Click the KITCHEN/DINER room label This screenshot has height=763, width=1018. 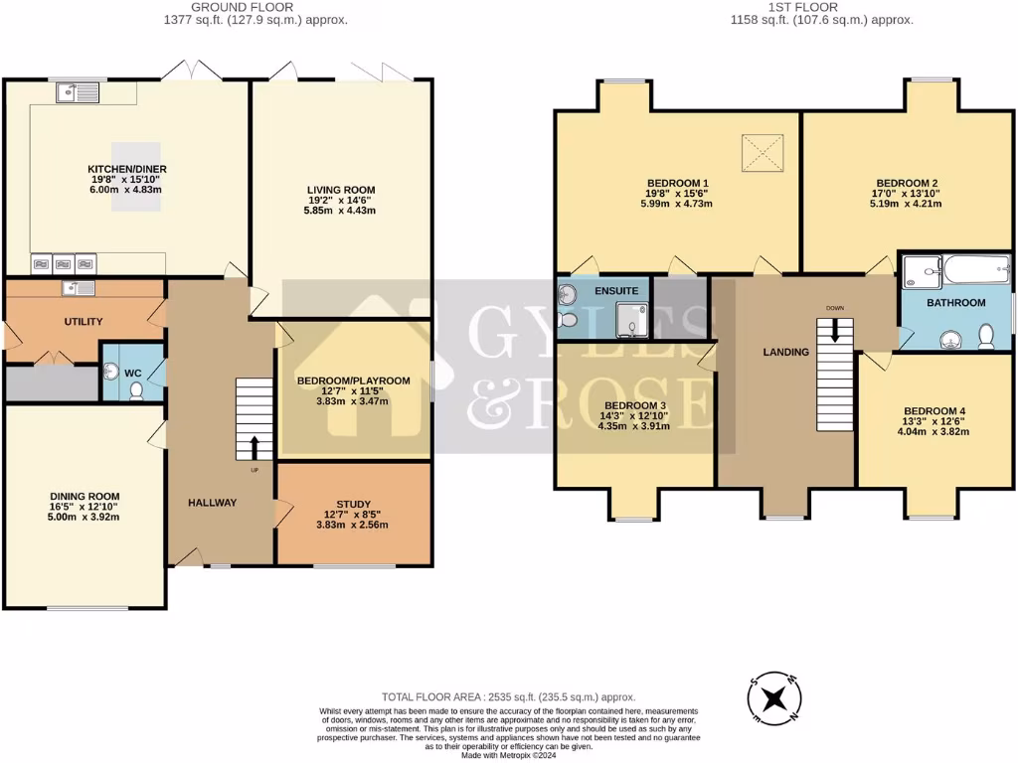125,169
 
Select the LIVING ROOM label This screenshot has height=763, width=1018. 339,190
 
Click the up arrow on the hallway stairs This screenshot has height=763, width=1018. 254,445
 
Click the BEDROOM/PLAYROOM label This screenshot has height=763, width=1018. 354,381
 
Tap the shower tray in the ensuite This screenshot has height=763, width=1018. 631,320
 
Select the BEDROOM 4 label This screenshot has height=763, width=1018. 933,411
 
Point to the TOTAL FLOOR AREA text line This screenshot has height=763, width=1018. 509,697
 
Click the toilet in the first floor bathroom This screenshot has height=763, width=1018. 987,336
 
